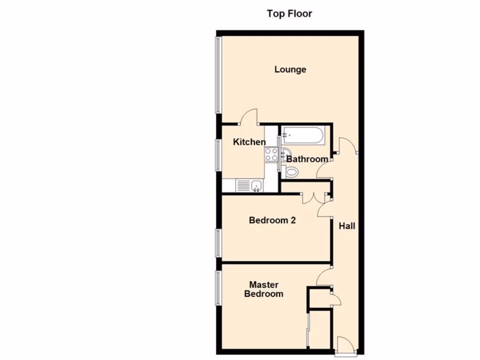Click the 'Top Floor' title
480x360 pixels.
pos(289,14)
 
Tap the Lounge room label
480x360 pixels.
pos(290,69)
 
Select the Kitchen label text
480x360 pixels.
pos(249,142)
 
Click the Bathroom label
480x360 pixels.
pos(307,159)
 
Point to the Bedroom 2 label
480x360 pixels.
pos(272,220)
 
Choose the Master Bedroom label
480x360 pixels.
pos(263,289)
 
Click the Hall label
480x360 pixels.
pos(347,226)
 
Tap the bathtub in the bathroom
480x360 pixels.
pos(303,135)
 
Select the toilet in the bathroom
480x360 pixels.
pos(292,172)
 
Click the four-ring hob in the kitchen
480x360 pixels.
pos(271,155)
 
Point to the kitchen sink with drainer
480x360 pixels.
pos(249,186)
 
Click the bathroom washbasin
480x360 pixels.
pos(286,152)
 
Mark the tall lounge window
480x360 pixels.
pos(218,75)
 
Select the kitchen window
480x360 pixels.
pos(218,154)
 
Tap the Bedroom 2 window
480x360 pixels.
pos(218,242)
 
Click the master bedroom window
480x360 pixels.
pos(218,288)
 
